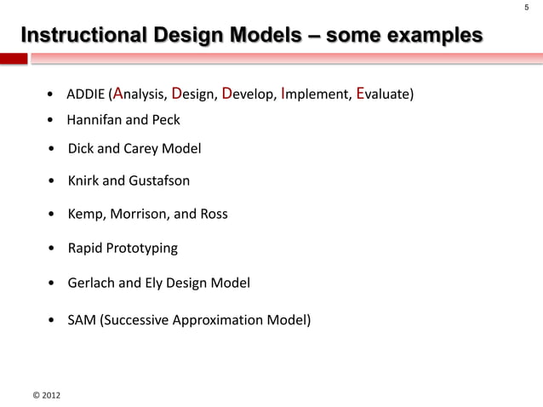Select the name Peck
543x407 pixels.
tap(166, 119)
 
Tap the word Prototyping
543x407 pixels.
tap(143, 249)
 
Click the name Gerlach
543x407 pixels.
tap(92, 282)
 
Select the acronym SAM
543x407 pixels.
tap(82, 322)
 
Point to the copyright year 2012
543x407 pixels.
tap(48, 396)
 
